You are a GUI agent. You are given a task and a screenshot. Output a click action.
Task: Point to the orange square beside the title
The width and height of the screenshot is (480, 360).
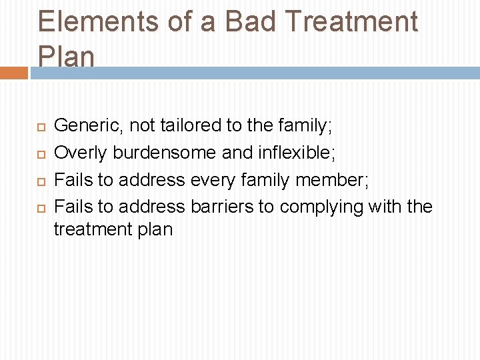point(13,73)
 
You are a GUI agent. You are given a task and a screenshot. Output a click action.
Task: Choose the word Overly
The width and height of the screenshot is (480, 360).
point(80,153)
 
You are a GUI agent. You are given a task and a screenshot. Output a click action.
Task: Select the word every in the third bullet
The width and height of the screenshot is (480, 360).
point(213,180)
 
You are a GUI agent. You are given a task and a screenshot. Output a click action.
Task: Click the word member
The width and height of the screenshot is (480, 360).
point(331,180)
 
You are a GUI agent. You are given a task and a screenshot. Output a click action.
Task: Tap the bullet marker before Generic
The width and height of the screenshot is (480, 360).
point(41,125)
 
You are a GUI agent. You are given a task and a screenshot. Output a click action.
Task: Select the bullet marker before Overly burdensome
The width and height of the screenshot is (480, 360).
point(41,153)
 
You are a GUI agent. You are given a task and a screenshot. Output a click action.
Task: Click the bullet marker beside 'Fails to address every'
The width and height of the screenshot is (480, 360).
point(41,181)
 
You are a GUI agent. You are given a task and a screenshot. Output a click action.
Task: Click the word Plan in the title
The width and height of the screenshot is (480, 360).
point(66,57)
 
